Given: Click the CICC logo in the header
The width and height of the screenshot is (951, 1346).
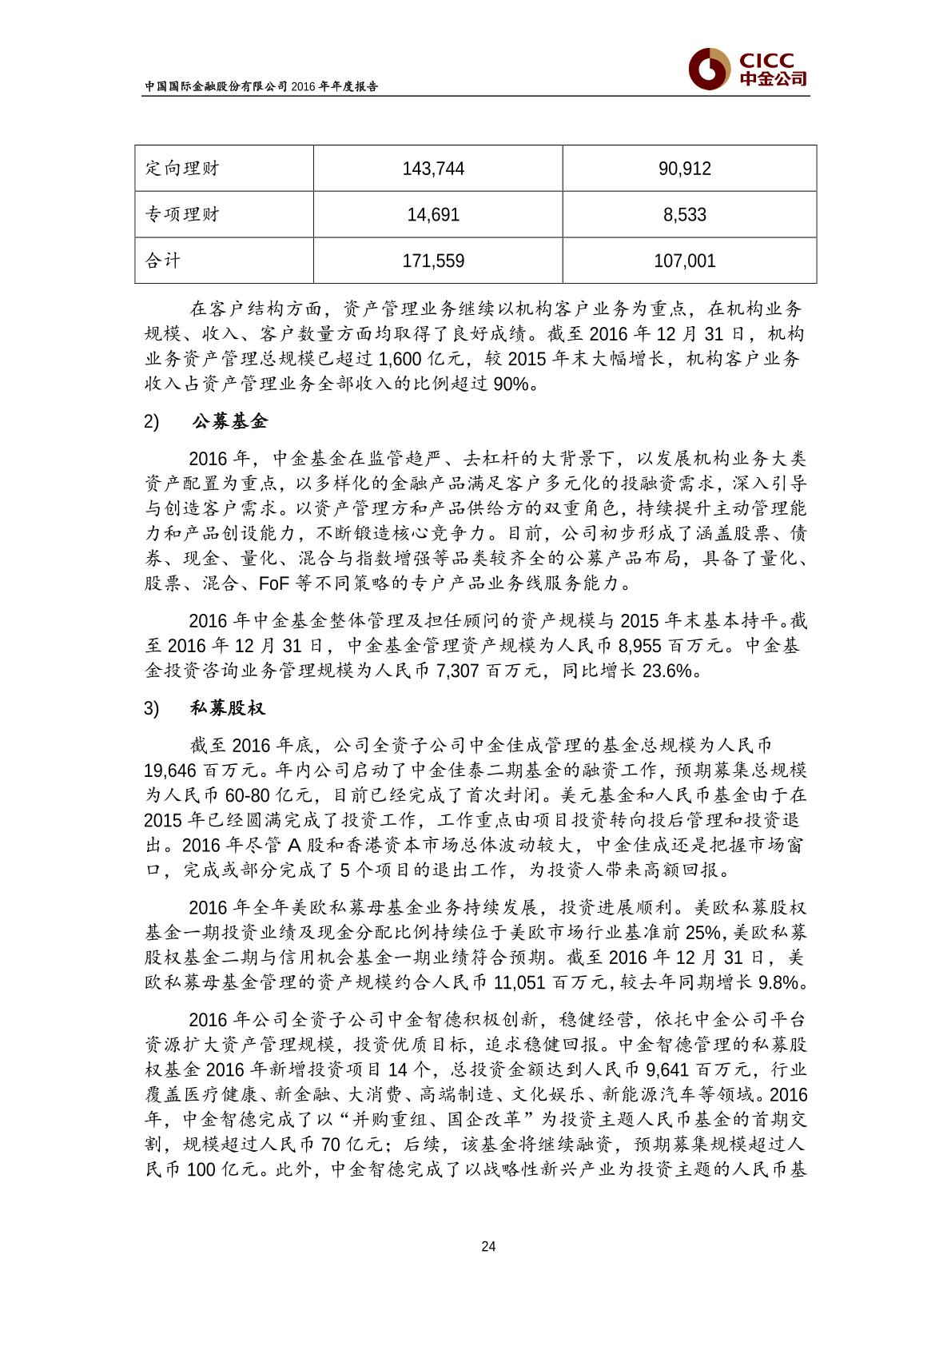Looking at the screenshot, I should (x=747, y=69).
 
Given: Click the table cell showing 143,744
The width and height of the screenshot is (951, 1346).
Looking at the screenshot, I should (x=433, y=169).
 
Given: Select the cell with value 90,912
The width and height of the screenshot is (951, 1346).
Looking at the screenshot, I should (x=685, y=169).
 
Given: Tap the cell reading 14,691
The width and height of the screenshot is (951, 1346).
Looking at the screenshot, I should (x=433, y=215).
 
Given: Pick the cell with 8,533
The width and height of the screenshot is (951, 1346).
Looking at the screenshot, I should (x=685, y=215).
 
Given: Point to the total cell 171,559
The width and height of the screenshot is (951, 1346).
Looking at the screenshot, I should (x=433, y=261).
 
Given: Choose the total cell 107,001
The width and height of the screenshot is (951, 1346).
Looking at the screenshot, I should (x=685, y=261).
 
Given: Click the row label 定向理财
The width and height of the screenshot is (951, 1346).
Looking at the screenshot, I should (x=181, y=169).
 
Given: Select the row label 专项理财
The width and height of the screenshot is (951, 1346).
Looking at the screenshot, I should (x=181, y=215).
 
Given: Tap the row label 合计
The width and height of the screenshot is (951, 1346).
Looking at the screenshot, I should (x=163, y=261).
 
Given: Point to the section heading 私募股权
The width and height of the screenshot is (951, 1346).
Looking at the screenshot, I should (x=228, y=709).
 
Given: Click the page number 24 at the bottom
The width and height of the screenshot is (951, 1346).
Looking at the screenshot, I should (x=489, y=1247).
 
